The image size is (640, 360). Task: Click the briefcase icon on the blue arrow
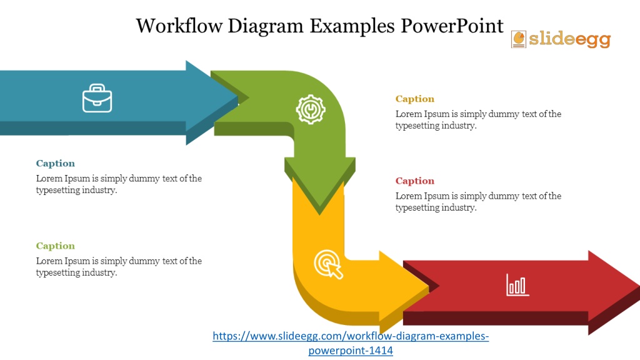pyautogui.click(x=97, y=98)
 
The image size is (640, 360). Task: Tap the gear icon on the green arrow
pyautogui.click(x=311, y=109)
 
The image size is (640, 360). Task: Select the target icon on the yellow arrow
pyautogui.click(x=329, y=264)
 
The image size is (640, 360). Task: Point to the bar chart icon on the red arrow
pyautogui.click(x=517, y=284)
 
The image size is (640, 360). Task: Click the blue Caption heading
pyautogui.click(x=56, y=163)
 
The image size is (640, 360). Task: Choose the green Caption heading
pyautogui.click(x=56, y=246)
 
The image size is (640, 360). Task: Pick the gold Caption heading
pyautogui.click(x=415, y=99)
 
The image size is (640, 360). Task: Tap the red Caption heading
pyautogui.click(x=415, y=181)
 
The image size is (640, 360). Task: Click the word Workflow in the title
pyautogui.click(x=179, y=26)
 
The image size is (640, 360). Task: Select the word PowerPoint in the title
pyautogui.click(x=452, y=26)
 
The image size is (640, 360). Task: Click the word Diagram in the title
pyautogui.click(x=266, y=26)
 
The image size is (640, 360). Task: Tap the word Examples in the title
pyautogui.click(x=352, y=26)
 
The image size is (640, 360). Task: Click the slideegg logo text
pyautogui.click(x=570, y=39)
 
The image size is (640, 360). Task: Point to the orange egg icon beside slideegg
pyautogui.click(x=519, y=39)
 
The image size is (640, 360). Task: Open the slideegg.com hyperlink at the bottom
pyautogui.click(x=351, y=343)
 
